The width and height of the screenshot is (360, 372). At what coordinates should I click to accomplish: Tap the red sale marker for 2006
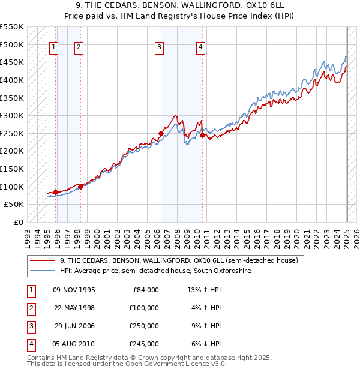click(x=161, y=133)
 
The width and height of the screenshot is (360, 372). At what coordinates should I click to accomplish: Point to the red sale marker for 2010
click(x=202, y=135)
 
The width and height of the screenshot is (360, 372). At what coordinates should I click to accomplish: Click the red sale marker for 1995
click(x=55, y=192)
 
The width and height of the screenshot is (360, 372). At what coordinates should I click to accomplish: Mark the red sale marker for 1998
click(x=80, y=187)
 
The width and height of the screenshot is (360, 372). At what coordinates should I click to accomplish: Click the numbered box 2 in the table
click(x=31, y=308)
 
